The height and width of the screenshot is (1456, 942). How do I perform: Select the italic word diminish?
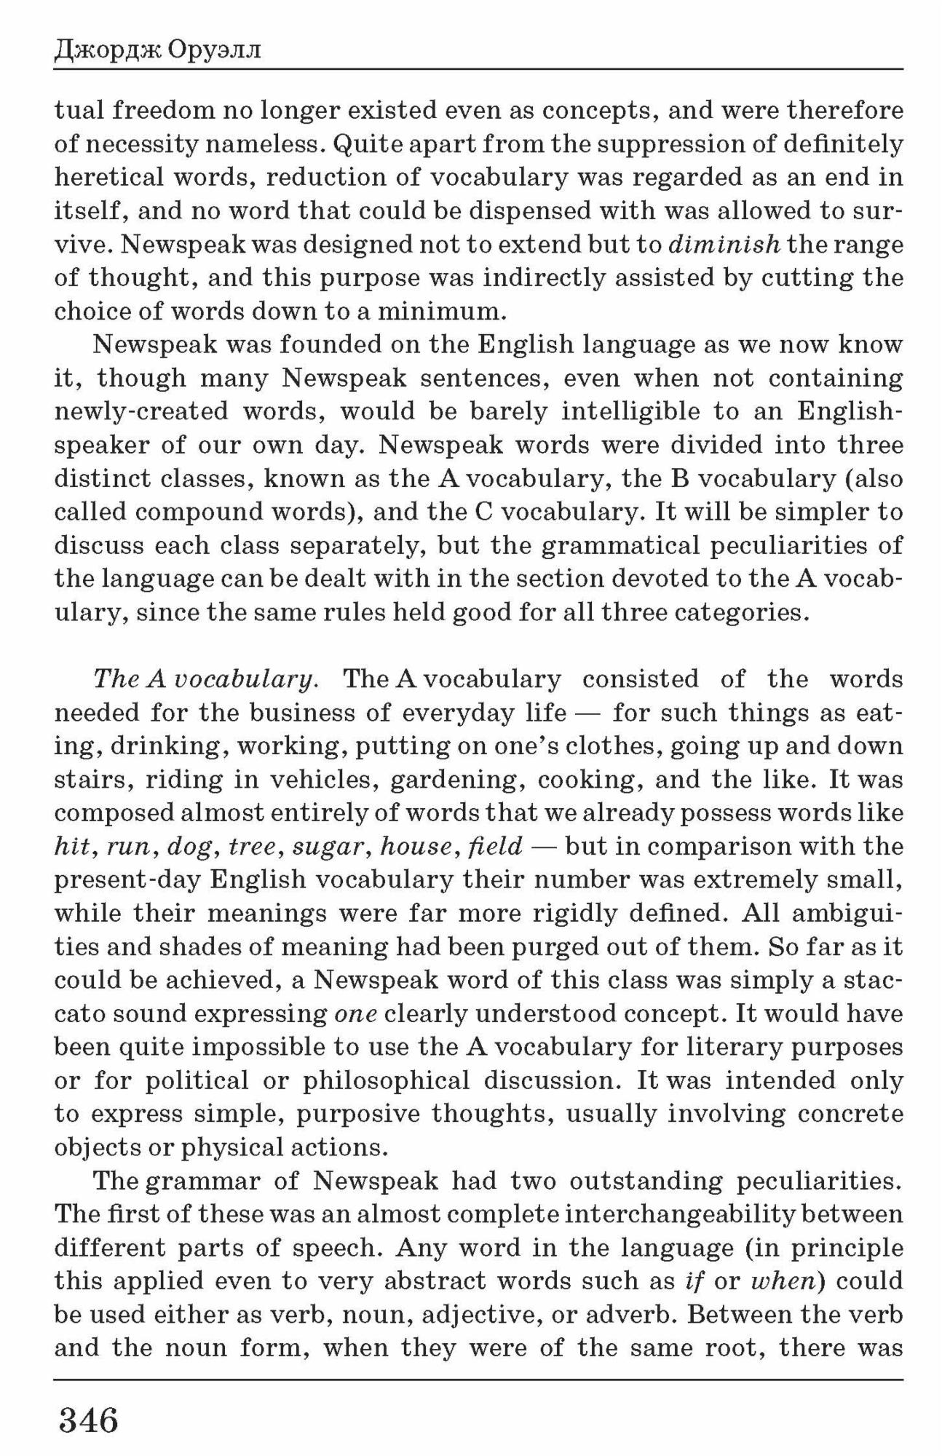pos(724,244)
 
